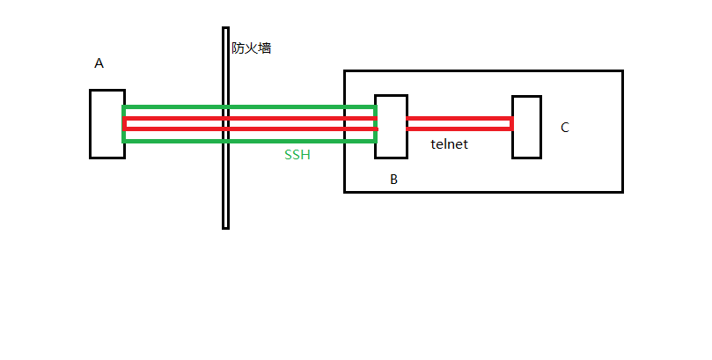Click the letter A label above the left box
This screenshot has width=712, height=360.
click(x=99, y=63)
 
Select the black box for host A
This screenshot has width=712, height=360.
click(x=91, y=124)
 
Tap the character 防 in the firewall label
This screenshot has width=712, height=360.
click(x=238, y=48)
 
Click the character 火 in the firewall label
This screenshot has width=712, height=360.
click(x=251, y=48)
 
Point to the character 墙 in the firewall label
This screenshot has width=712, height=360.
click(x=265, y=48)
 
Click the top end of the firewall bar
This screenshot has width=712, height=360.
click(x=225, y=27)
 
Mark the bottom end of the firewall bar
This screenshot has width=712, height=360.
click(x=225, y=228)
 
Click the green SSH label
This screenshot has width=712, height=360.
click(x=297, y=155)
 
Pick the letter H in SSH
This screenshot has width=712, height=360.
click(x=305, y=155)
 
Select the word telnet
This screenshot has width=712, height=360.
click(x=449, y=144)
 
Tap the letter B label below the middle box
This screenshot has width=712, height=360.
click(x=393, y=180)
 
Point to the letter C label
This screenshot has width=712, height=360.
click(x=565, y=128)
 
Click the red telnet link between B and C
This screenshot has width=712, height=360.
click(x=459, y=123)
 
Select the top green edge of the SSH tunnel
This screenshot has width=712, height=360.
click(x=249, y=107)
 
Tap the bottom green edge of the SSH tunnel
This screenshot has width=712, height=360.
click(x=249, y=141)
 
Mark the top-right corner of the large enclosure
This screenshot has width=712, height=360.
click(x=622, y=71)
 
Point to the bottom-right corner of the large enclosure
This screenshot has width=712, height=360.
click(x=622, y=192)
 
